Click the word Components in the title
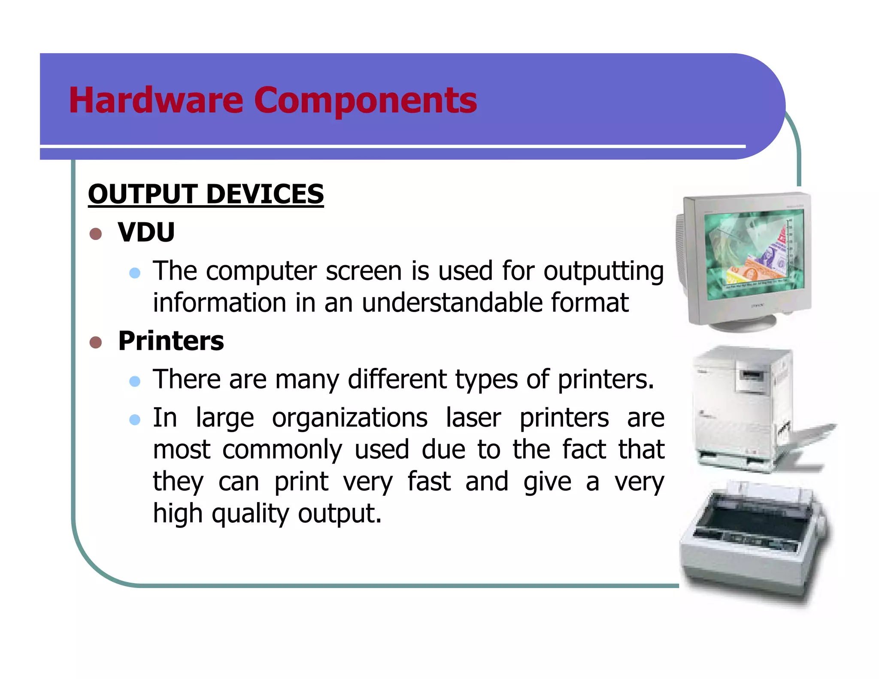(365, 101)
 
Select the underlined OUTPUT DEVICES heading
(206, 194)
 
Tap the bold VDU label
(146, 232)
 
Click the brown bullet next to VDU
(96, 234)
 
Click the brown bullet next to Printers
(96, 343)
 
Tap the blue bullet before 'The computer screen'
(135, 273)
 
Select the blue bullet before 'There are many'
(135, 381)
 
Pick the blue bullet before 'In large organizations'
(135, 419)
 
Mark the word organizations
(350, 418)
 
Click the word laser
(473, 418)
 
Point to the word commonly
(282, 450)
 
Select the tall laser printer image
(747, 408)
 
